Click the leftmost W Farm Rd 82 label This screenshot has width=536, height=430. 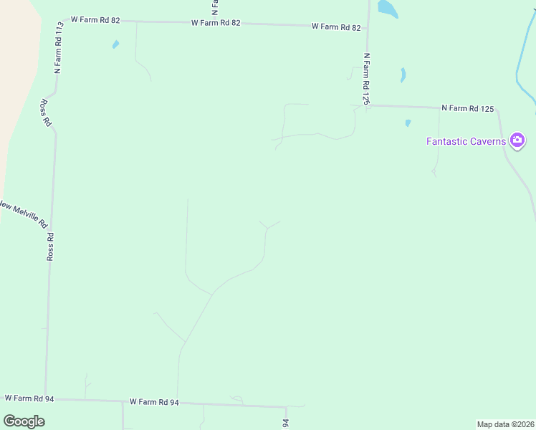(95, 20)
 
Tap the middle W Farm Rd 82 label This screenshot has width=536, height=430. (216, 23)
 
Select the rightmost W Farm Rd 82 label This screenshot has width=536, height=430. (336, 27)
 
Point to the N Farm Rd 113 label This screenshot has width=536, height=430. (59, 47)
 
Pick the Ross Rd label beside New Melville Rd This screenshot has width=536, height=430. (50, 246)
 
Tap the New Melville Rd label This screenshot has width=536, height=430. (23, 213)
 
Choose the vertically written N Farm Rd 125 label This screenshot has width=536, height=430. (365, 79)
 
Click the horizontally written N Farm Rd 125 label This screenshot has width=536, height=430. (468, 108)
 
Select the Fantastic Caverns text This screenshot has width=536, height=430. (466, 141)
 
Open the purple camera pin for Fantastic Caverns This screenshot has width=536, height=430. (517, 140)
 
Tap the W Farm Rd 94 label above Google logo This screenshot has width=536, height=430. (29, 397)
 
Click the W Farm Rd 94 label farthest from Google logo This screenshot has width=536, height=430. (154, 402)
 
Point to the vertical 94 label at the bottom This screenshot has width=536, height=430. (285, 424)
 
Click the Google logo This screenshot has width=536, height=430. (24, 421)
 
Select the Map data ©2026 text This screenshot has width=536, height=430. (505, 424)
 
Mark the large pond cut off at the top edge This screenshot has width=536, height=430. (387, 8)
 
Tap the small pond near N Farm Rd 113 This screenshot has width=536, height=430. (115, 44)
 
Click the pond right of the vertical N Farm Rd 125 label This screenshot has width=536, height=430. (403, 75)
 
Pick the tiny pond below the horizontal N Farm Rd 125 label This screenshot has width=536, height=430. (408, 123)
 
